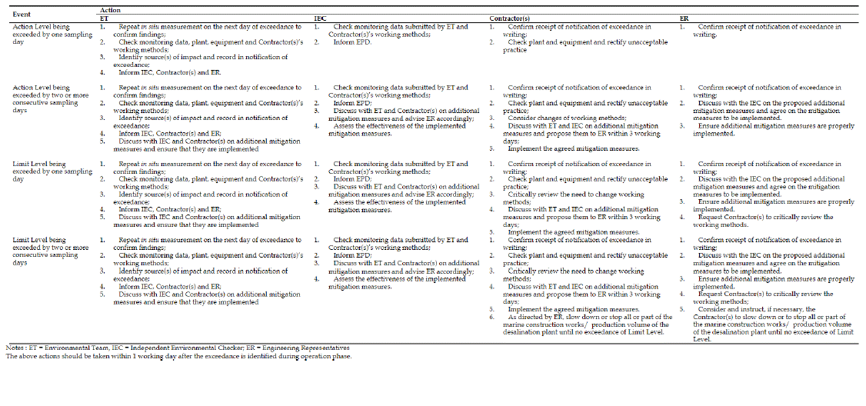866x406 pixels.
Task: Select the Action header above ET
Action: [111, 10]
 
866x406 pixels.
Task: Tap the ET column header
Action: [105, 17]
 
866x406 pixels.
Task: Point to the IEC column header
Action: [319, 17]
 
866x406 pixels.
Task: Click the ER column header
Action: [684, 17]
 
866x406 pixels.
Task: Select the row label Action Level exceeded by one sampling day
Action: [51, 34]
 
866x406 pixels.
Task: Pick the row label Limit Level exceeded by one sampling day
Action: [51, 171]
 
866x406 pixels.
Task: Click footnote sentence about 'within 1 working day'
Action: [178, 356]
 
